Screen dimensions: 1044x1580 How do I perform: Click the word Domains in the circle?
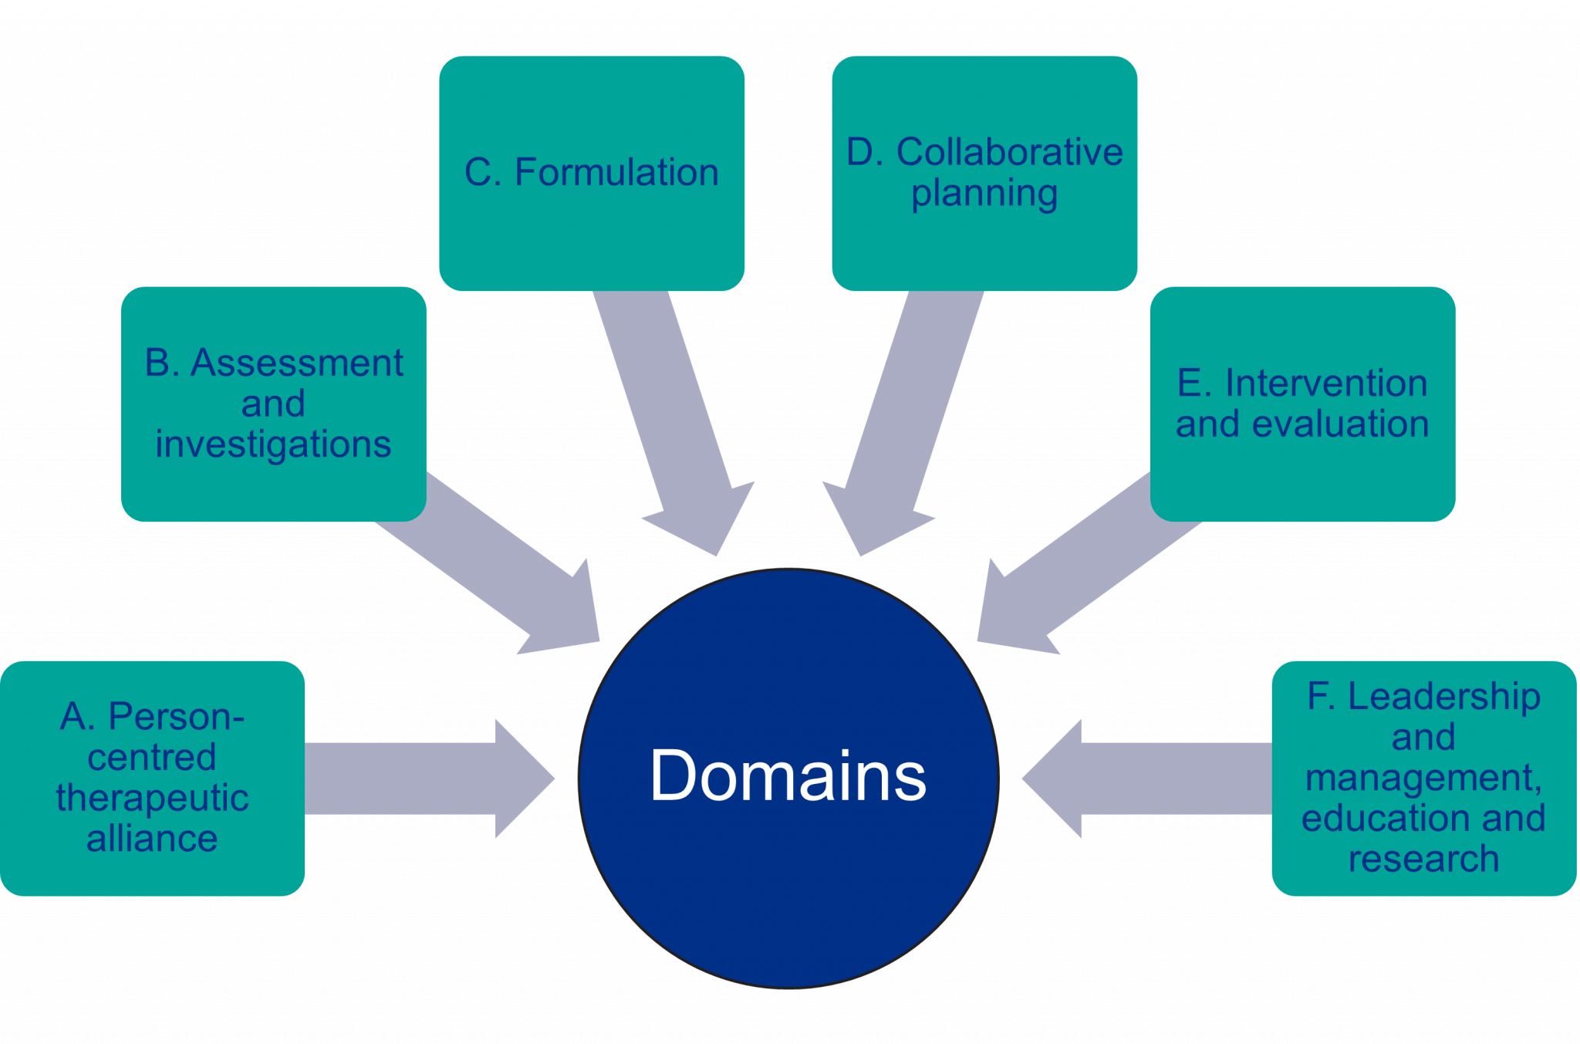(788, 776)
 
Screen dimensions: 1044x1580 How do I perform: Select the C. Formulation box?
(592, 173)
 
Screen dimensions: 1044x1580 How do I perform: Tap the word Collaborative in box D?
(1009, 152)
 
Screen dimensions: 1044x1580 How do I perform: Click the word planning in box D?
(984, 193)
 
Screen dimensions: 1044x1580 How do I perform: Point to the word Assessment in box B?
(297, 363)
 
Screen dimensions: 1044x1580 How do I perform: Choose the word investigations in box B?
(273, 444)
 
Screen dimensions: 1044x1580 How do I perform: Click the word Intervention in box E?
(1325, 383)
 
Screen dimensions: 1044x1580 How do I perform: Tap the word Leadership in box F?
(1443, 696)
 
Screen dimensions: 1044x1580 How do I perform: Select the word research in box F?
(1423, 859)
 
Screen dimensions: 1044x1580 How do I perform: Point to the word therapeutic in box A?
(152, 798)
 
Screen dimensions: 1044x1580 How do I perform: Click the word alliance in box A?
(152, 839)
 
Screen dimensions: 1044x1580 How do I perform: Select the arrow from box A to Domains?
(424, 779)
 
